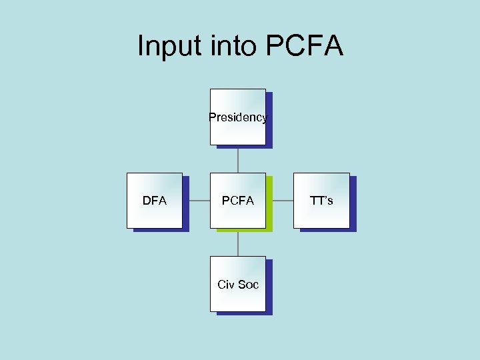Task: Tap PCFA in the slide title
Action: coord(304,46)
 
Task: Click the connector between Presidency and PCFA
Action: coord(238,159)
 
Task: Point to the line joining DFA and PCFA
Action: coord(196,201)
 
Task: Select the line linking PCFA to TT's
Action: coord(279,201)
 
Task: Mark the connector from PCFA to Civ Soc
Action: coord(238,243)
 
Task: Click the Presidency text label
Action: coord(237,118)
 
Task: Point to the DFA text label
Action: coord(155,201)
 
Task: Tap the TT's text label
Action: coord(321,201)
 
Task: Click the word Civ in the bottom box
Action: coord(227,285)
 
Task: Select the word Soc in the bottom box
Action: coord(248,285)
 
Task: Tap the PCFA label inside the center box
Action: coord(238,201)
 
